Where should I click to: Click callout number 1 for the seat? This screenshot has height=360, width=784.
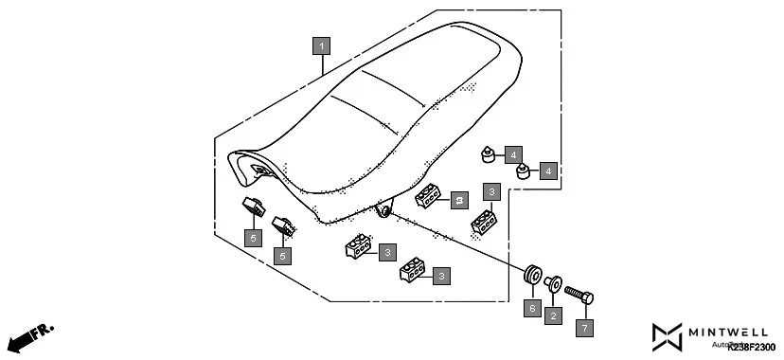coord(322,45)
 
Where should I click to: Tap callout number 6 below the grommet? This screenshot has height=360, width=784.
coord(531,309)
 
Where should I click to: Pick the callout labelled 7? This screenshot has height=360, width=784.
coord(584,329)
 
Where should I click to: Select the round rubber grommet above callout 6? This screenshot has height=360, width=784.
coord(532,277)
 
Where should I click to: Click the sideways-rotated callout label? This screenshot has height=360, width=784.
coord(459,199)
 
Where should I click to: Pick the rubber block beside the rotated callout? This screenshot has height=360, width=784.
coord(429,196)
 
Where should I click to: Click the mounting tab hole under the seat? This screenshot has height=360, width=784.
coord(383,209)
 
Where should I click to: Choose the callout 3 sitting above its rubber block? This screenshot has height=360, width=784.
coord(491,191)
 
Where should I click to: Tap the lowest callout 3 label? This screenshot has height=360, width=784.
coord(440,276)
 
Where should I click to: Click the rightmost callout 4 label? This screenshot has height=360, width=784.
coord(548,171)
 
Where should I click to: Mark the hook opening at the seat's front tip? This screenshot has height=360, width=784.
coord(258,169)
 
